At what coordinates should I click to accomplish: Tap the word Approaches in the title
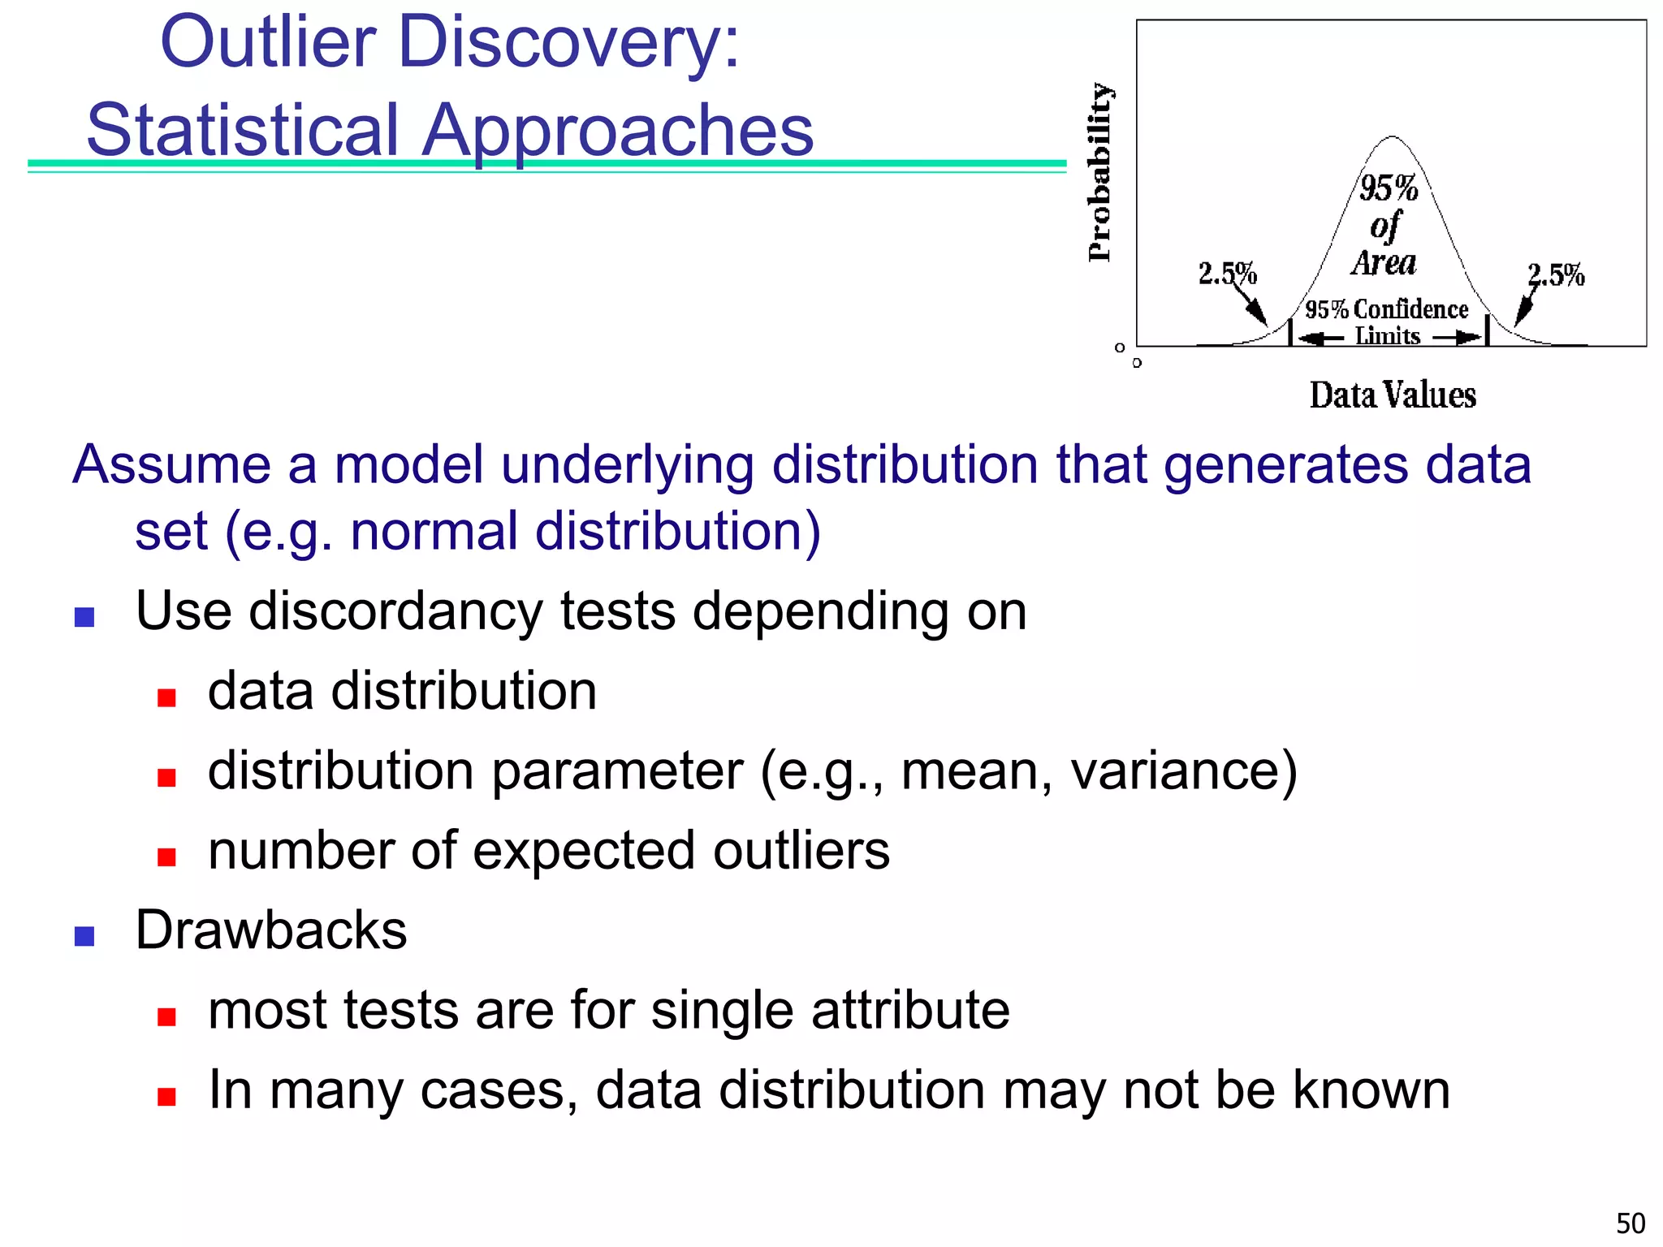click(617, 132)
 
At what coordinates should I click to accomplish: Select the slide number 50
click(1631, 1223)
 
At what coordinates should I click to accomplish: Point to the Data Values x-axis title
click(1393, 395)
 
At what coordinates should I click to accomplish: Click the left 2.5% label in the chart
click(1227, 274)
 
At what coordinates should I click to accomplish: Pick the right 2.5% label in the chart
click(1556, 275)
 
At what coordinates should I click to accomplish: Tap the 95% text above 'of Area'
click(1389, 188)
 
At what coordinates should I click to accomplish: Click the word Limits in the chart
click(1388, 336)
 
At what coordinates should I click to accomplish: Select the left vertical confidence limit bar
click(1290, 332)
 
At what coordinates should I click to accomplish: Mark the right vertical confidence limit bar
click(1487, 330)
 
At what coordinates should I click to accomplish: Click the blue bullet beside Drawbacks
click(84, 936)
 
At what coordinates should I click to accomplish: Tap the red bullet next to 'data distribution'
click(167, 697)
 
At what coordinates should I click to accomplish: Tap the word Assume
click(171, 465)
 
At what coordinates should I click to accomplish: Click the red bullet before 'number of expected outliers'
click(167, 857)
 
